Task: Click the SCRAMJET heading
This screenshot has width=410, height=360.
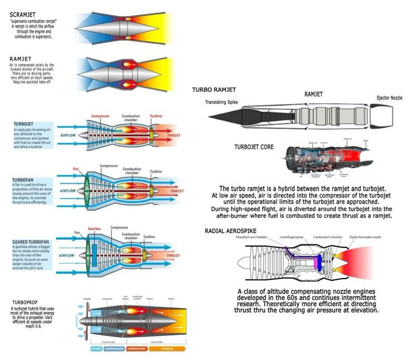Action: point(25,14)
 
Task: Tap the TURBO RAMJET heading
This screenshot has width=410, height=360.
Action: point(214,90)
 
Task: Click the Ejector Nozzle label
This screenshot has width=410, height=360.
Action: point(389,98)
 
